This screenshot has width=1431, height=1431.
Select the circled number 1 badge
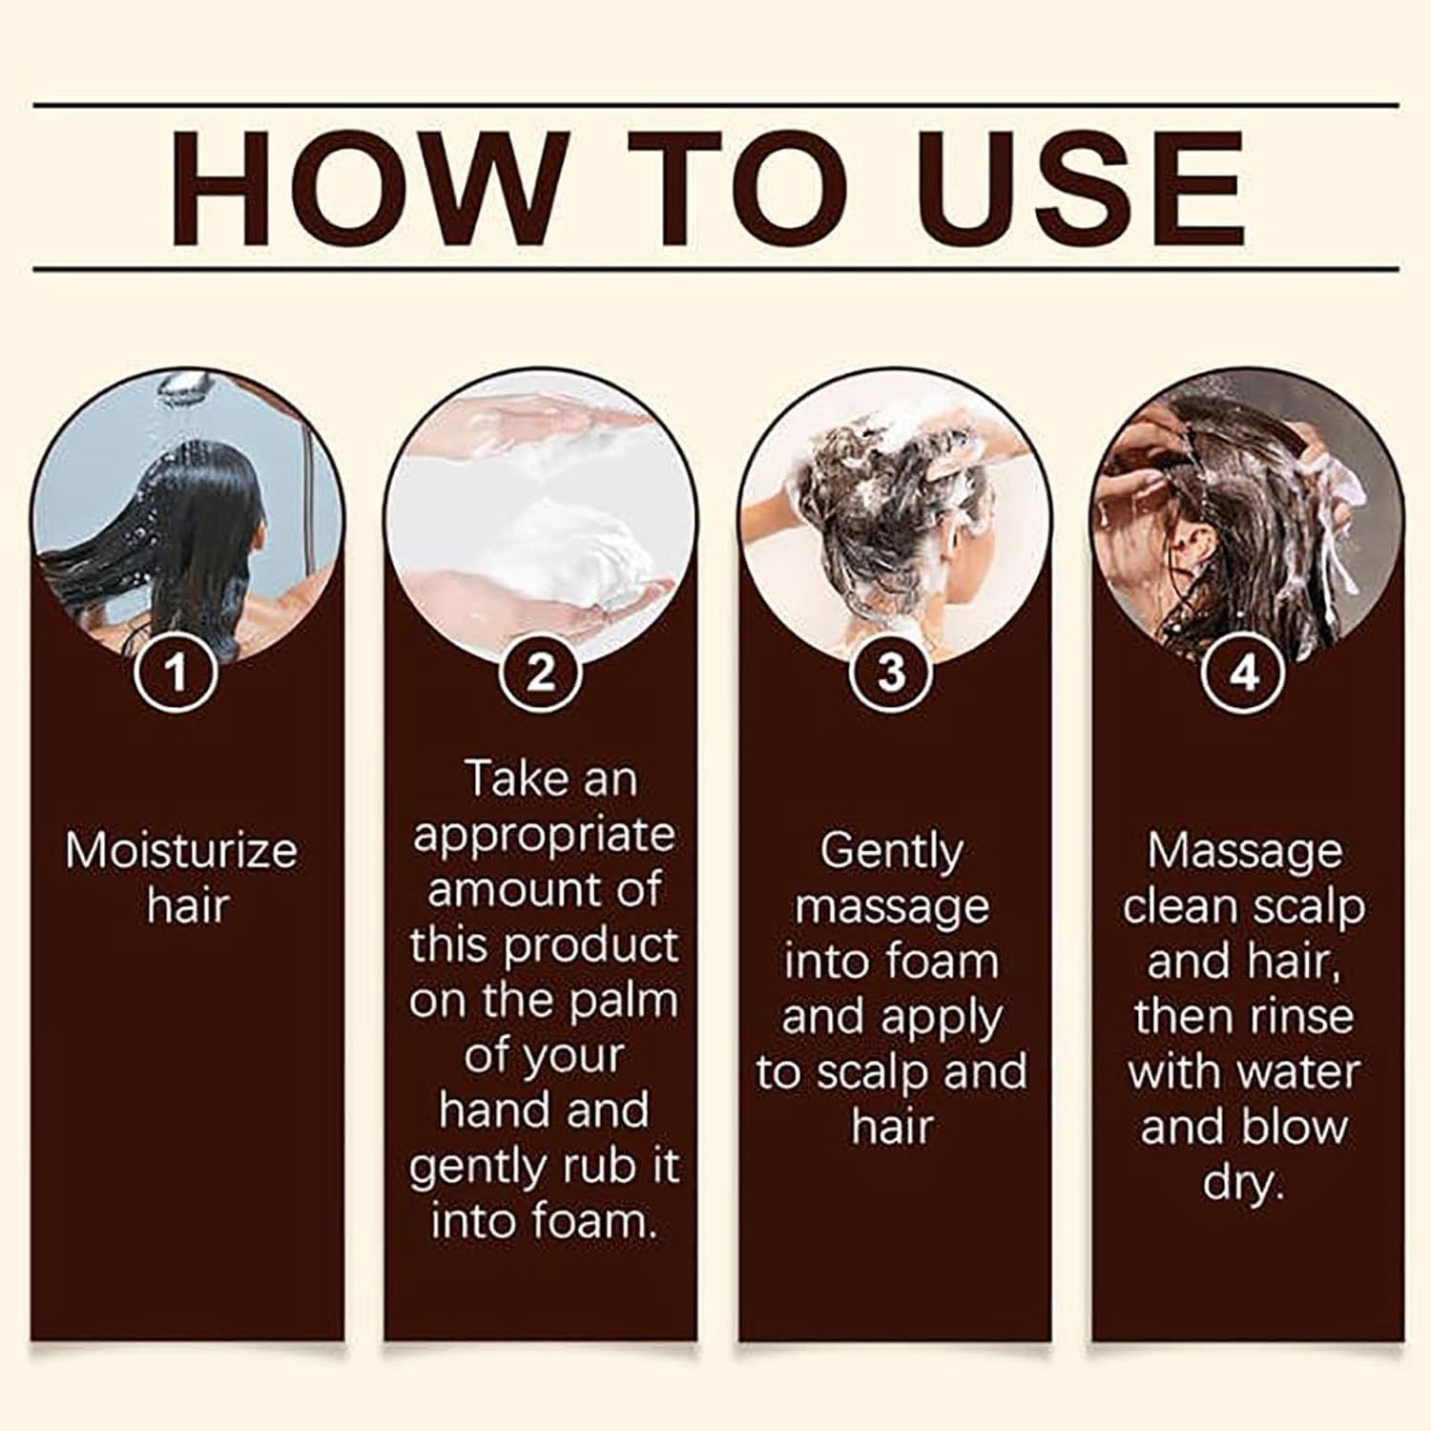[x=177, y=673]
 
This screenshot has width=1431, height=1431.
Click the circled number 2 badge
[x=540, y=673]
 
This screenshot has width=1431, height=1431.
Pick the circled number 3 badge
[x=891, y=673]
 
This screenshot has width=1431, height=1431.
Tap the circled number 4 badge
[x=1245, y=673]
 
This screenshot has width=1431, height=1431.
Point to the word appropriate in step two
[x=544, y=835]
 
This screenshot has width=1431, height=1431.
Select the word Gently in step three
[x=891, y=850]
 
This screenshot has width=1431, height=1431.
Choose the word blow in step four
[x=1302, y=1127]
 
